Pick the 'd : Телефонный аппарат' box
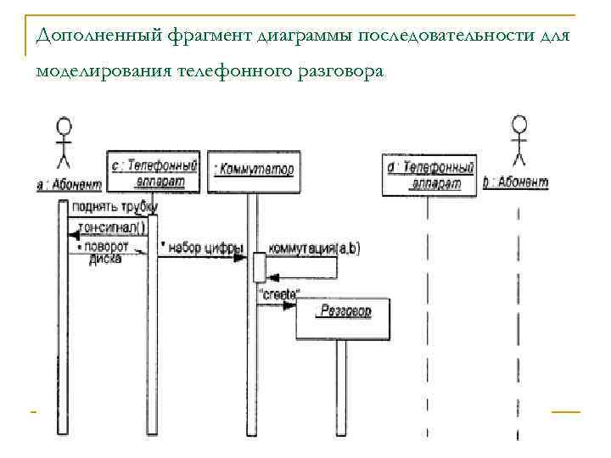pos(429,176)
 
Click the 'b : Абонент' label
pos(516,182)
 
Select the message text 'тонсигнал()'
pos(111,227)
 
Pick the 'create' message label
pos(277,293)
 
